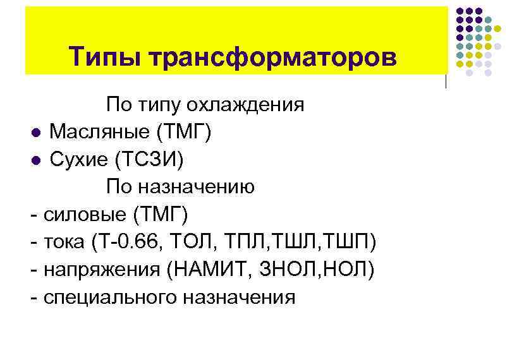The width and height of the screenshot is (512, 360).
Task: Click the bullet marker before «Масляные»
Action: (36, 133)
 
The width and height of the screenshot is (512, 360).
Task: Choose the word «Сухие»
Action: (79, 160)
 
